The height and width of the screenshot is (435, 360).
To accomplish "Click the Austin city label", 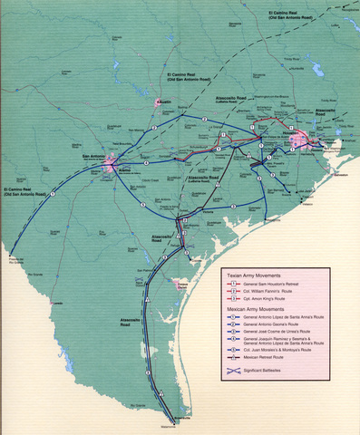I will [x=165, y=102].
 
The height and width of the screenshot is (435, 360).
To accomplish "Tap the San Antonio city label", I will [x=94, y=155].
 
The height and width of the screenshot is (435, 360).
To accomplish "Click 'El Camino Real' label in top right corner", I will [x=298, y=13].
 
